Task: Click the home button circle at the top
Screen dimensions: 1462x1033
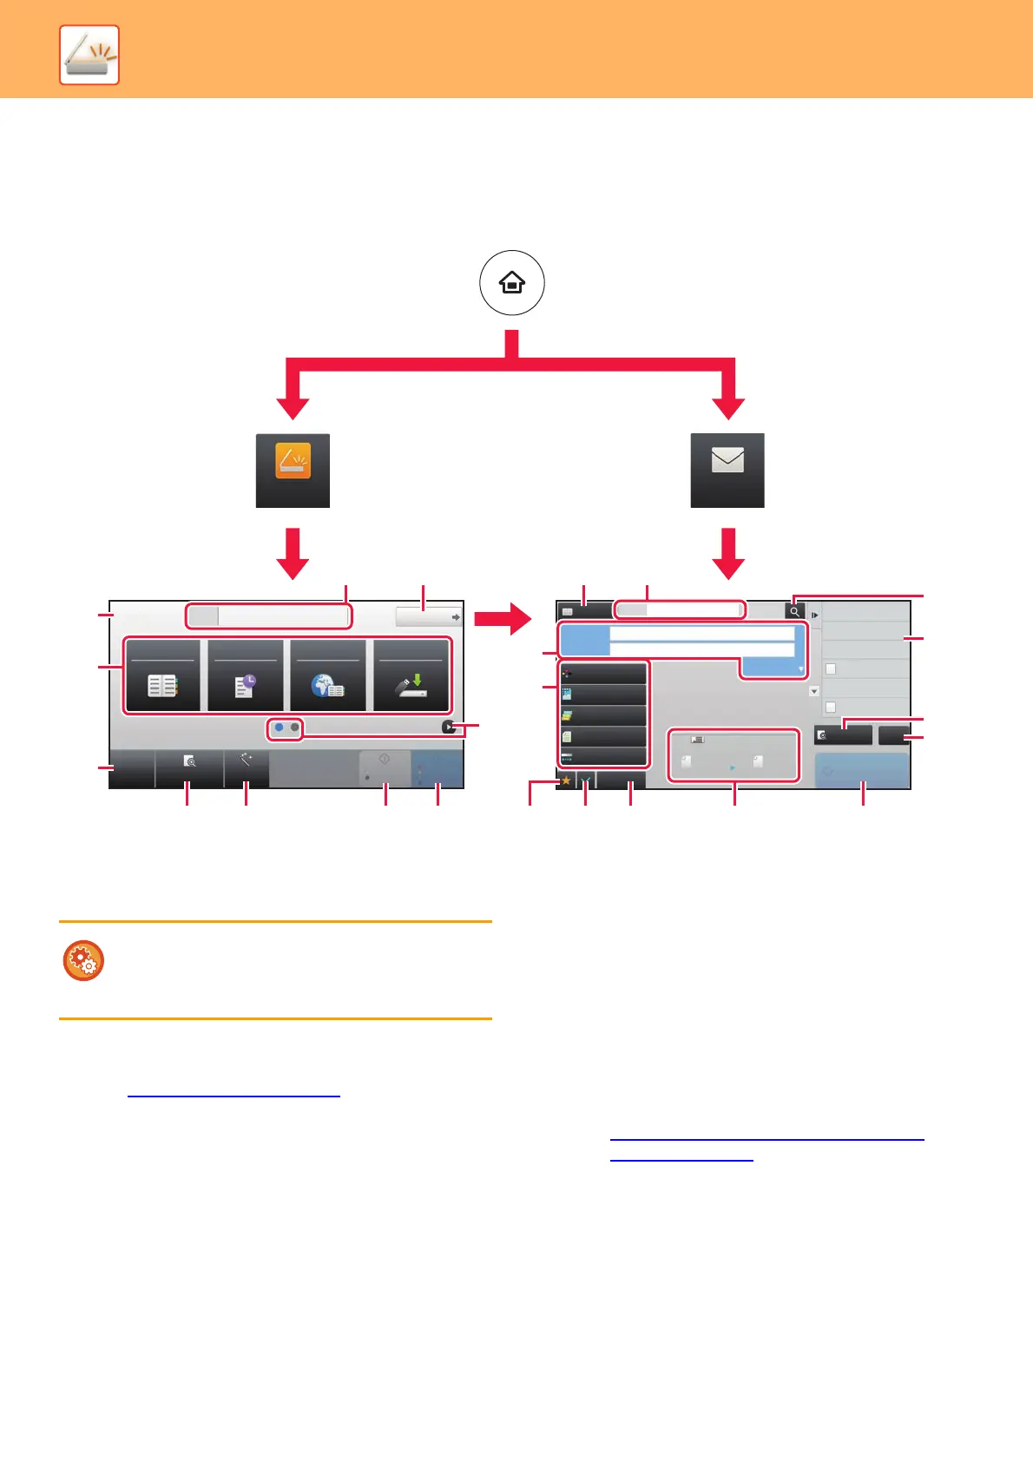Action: pos(512,283)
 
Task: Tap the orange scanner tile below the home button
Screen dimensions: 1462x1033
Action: pos(293,470)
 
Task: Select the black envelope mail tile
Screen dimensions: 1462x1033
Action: pos(727,470)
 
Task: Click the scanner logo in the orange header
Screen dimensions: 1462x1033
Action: pos(89,56)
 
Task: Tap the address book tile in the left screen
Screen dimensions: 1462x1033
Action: pos(163,676)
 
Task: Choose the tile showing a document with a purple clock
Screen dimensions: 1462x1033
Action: pos(246,676)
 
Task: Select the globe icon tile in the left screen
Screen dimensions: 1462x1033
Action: pos(328,676)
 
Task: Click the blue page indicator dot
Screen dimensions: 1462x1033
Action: pos(279,728)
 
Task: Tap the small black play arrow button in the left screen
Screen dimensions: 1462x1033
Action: pos(448,728)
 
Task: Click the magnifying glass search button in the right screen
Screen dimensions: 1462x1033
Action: pos(794,611)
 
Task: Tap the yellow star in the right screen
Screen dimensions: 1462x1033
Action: pos(566,780)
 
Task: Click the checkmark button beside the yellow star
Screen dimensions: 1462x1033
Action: pos(586,780)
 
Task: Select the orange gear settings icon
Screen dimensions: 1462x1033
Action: pos(83,961)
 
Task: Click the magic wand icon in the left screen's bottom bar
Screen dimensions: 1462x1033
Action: pos(247,761)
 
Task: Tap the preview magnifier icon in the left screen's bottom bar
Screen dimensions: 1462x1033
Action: pos(189,761)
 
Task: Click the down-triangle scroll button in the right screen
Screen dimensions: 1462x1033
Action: pos(814,691)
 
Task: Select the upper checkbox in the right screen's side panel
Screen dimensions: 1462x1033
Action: pos(831,669)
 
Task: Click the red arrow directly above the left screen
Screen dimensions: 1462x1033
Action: pos(293,552)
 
